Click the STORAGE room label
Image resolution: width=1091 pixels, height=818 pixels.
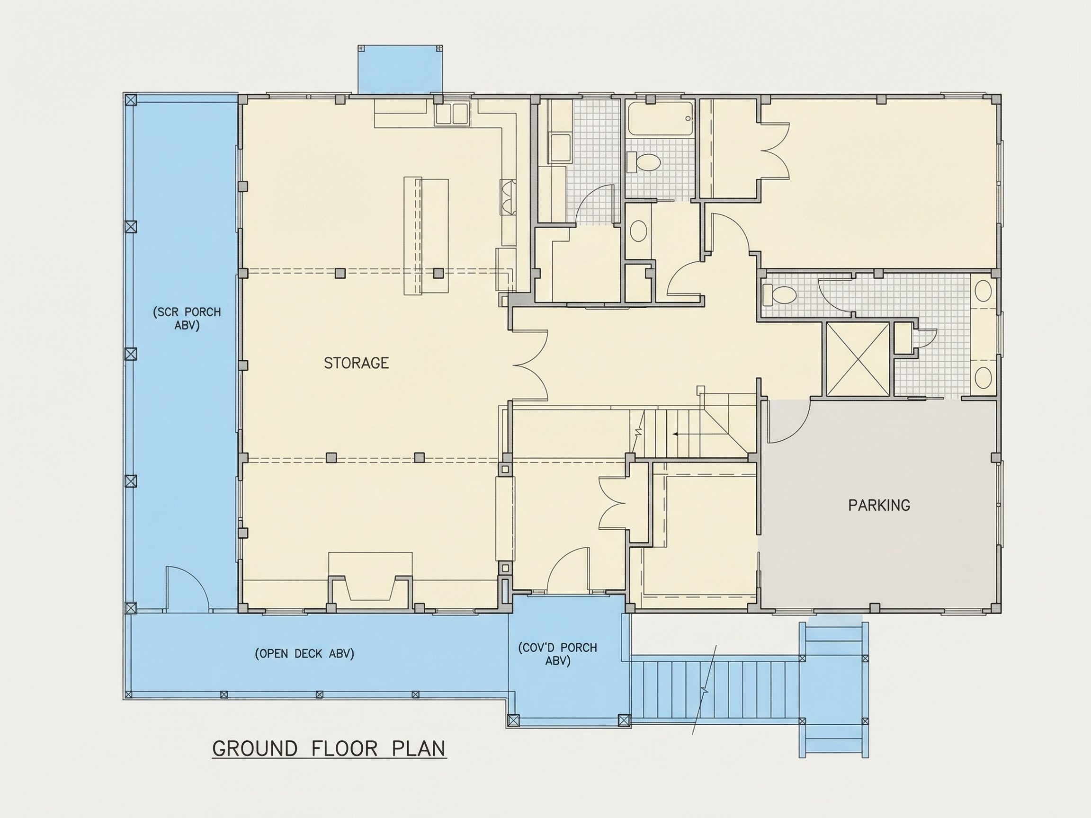pyautogui.click(x=356, y=364)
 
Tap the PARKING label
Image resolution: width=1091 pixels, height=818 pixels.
pyautogui.click(x=879, y=506)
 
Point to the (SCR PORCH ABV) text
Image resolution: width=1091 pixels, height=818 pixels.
pyautogui.click(x=187, y=319)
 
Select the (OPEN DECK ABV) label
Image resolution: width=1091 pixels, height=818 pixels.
pyautogui.click(x=304, y=654)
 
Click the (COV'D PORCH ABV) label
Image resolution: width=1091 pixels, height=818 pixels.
pyautogui.click(x=557, y=654)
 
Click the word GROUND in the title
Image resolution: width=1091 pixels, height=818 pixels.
pyautogui.click(x=254, y=749)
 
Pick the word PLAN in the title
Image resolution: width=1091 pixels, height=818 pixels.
pyautogui.click(x=419, y=749)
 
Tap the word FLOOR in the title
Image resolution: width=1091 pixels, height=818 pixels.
pyautogui.click(x=344, y=749)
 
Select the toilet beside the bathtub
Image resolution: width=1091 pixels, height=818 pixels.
pyautogui.click(x=643, y=162)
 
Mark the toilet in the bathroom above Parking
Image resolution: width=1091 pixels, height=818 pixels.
pyautogui.click(x=779, y=295)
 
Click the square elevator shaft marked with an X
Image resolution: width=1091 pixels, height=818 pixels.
pyautogui.click(x=858, y=359)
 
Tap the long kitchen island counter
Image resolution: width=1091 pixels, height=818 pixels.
pyautogui.click(x=426, y=237)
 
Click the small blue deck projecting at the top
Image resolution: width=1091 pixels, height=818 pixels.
pyautogui.click(x=400, y=69)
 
